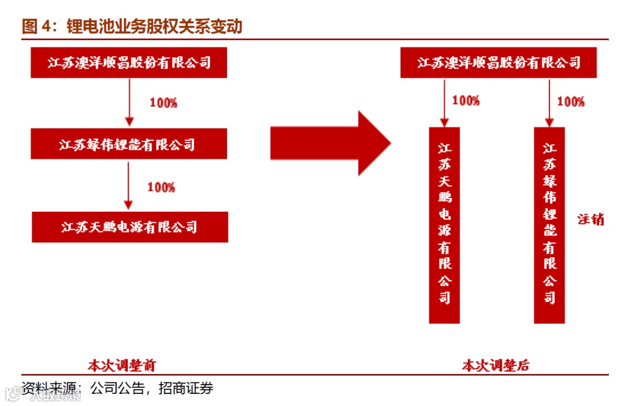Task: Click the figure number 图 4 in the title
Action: pyautogui.click(x=38, y=27)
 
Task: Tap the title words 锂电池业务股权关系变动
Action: pyautogui.click(x=155, y=27)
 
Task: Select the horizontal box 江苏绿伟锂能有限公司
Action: pyautogui.click(x=129, y=144)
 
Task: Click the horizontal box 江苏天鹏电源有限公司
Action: pyautogui.click(x=130, y=227)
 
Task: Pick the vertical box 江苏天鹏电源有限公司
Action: pyautogui.click(x=444, y=225)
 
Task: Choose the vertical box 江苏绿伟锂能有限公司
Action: pyautogui.click(x=549, y=225)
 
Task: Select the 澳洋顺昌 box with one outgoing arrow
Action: pyautogui.click(x=129, y=63)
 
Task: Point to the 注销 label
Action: pyautogui.click(x=590, y=219)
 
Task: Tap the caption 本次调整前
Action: pyautogui.click(x=121, y=366)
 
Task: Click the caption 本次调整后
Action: pyautogui.click(x=496, y=366)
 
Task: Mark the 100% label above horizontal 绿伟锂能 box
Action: pyautogui.click(x=164, y=104)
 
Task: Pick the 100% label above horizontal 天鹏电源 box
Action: pyautogui.click(x=161, y=187)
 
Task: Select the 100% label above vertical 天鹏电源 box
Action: pyautogui.click(x=466, y=101)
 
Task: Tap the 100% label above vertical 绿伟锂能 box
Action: pyautogui.click(x=571, y=102)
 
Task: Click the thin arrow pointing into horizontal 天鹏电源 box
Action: pyautogui.click(x=129, y=186)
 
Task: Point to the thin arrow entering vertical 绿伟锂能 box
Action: pyautogui.click(x=549, y=103)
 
